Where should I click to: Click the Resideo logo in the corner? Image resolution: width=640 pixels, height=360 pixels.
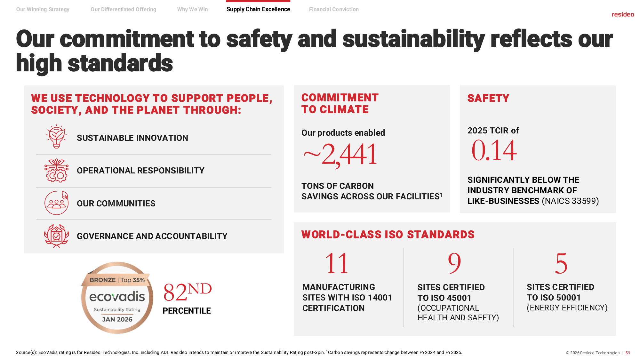(623, 14)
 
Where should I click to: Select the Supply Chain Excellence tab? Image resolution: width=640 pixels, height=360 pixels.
(258, 9)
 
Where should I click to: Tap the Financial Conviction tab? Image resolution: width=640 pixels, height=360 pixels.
(334, 9)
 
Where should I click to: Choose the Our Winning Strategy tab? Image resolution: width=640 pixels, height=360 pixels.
(43, 9)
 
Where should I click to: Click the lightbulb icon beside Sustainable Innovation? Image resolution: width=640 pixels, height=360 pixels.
(57, 137)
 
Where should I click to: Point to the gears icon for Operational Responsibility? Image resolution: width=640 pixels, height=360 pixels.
(57, 170)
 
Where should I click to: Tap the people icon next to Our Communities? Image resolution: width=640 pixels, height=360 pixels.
(57, 203)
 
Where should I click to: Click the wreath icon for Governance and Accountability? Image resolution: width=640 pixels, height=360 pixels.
(57, 236)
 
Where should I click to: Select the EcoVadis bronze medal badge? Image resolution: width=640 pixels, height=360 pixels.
(117, 298)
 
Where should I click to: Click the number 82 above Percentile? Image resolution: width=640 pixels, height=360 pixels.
(175, 292)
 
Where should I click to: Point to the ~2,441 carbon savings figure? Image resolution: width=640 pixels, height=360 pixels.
(340, 155)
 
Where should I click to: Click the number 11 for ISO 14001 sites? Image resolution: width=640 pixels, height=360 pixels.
(337, 263)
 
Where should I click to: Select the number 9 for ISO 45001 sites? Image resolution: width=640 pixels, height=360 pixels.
(454, 263)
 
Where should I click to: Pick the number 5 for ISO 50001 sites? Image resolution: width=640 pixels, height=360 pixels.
(561, 263)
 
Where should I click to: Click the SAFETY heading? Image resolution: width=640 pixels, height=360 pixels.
(488, 98)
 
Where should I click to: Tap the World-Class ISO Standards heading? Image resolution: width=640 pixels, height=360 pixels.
(388, 235)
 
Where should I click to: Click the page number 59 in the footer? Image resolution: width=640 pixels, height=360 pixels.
(628, 353)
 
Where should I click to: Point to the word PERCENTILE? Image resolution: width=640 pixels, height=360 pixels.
(187, 311)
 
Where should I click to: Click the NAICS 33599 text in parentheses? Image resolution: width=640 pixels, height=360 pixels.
(570, 201)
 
